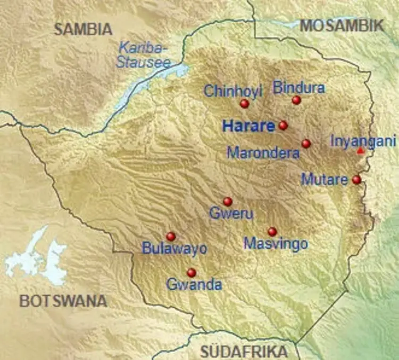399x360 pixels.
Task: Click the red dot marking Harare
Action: pyautogui.click(x=283, y=126)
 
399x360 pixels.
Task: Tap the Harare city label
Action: pyautogui.click(x=248, y=126)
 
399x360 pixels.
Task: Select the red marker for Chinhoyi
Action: pyautogui.click(x=244, y=104)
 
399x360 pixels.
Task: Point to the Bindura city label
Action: pyautogui.click(x=298, y=87)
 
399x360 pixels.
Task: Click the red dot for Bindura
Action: pyautogui.click(x=296, y=100)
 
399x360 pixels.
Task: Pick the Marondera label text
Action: pyautogui.click(x=263, y=153)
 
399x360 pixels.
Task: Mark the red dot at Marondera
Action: pyautogui.click(x=306, y=143)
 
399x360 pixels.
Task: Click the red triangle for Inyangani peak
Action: pyautogui.click(x=361, y=151)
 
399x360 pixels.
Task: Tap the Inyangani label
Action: pyautogui.click(x=363, y=141)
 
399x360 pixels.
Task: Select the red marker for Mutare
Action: pyautogui.click(x=356, y=180)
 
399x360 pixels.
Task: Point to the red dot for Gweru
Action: pyautogui.click(x=228, y=201)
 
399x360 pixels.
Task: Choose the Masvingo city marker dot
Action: pyautogui.click(x=272, y=232)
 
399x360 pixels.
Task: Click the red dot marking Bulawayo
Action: pyautogui.click(x=171, y=236)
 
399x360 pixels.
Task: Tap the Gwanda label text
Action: pyautogui.click(x=194, y=285)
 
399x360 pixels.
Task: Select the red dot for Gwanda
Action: pyautogui.click(x=192, y=273)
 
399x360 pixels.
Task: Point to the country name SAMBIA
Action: pyautogui.click(x=83, y=29)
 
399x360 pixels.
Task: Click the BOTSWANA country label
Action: pyautogui.click(x=63, y=301)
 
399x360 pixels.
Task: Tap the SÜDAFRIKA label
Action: pyautogui.click(x=244, y=351)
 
